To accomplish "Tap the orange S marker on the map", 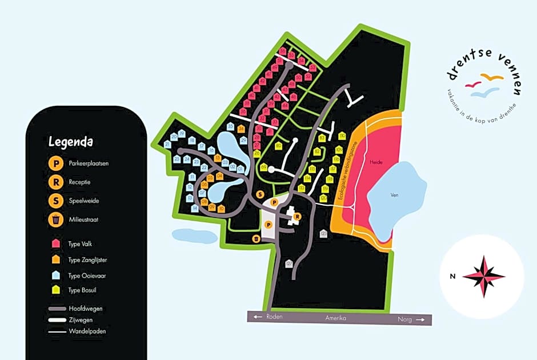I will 260,194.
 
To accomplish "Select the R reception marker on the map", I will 297,216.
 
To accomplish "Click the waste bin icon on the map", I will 257,238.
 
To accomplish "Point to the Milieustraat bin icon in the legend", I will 56,219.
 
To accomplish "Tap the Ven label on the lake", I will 394,194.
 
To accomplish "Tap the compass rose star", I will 484,276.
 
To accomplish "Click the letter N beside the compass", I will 452,277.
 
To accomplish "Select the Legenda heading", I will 71,141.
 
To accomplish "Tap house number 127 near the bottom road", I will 289,263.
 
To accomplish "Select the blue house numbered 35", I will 230,127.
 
